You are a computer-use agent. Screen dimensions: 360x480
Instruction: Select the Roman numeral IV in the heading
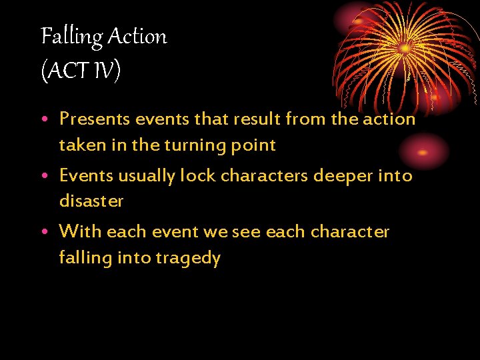coord(105,69)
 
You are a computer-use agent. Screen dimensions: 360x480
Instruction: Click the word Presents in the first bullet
coord(95,119)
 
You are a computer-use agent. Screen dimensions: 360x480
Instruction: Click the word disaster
coord(91,201)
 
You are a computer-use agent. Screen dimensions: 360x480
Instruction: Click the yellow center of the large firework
coord(405,48)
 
